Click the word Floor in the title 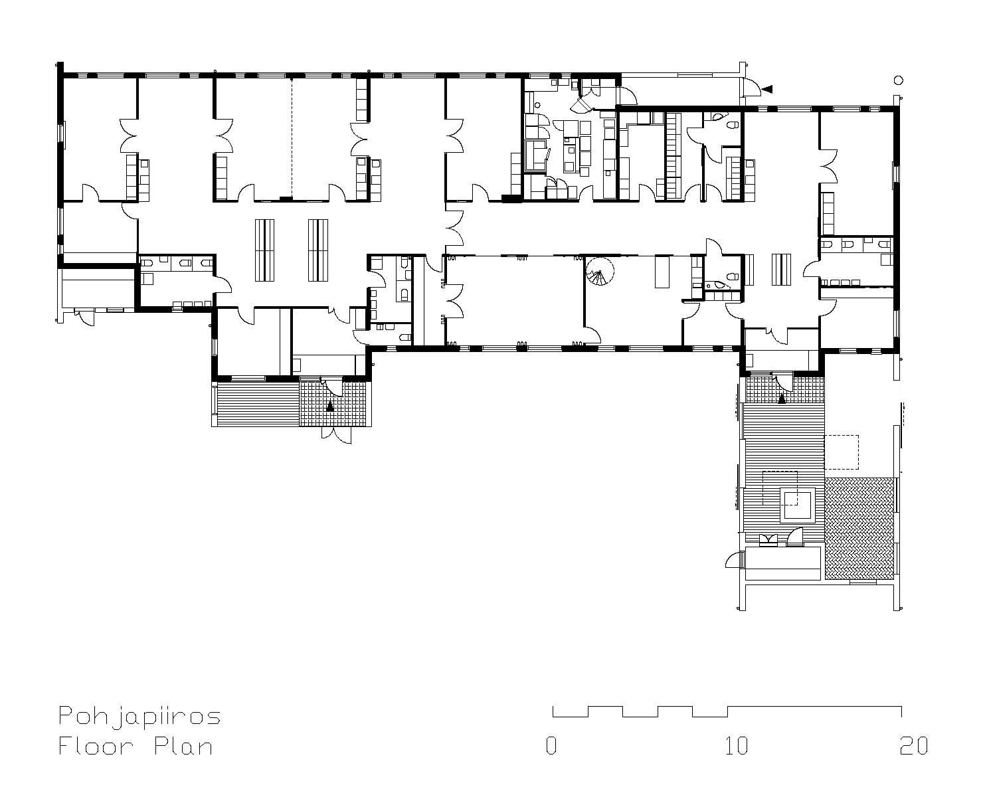click(x=96, y=746)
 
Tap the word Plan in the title click(x=183, y=746)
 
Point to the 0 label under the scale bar click(x=551, y=746)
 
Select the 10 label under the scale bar click(x=737, y=746)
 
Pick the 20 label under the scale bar click(x=913, y=746)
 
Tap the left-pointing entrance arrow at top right click(x=766, y=89)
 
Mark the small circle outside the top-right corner click(x=898, y=80)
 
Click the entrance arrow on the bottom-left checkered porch click(x=330, y=406)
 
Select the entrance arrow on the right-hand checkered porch click(x=781, y=399)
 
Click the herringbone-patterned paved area click(x=860, y=528)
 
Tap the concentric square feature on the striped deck click(x=798, y=505)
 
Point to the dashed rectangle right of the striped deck click(x=841, y=452)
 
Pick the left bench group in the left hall click(x=264, y=250)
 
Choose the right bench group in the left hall click(x=318, y=250)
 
